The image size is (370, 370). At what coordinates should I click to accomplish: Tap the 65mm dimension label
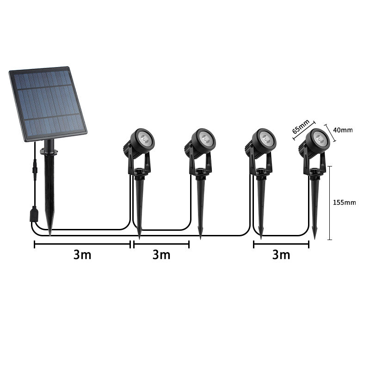tap(301, 127)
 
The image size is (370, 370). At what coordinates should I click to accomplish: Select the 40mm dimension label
tap(343, 130)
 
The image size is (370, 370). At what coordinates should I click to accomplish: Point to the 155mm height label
tap(345, 202)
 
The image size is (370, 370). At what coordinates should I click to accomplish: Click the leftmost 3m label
tap(82, 255)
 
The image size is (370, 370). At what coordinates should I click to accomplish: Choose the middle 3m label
tap(161, 255)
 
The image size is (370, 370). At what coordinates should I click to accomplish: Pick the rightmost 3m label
tap(281, 255)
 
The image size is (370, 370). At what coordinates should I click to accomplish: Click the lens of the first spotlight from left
tap(145, 137)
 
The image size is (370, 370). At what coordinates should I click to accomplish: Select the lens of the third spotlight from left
tap(265, 137)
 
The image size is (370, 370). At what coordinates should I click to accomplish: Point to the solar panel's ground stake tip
tap(50, 233)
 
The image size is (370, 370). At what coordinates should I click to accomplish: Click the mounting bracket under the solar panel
tap(49, 151)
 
